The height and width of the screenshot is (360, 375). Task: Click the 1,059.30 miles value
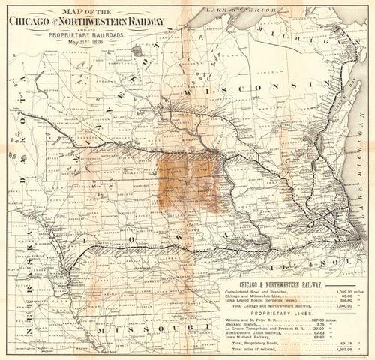[345, 291]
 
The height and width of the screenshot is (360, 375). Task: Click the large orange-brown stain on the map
[187, 180]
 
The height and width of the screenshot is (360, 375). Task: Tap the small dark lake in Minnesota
[137, 52]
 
